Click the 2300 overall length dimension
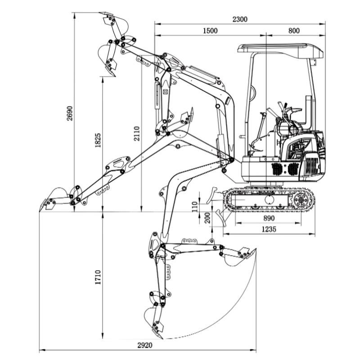(x=240, y=19)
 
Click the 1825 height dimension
(x=98, y=141)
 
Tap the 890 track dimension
(x=269, y=218)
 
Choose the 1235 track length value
(x=269, y=229)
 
